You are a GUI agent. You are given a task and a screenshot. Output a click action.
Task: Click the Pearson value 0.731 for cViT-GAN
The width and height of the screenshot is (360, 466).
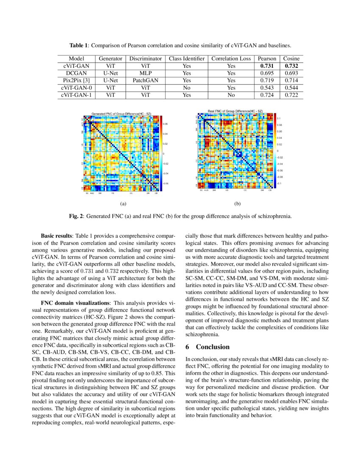pos(267,66)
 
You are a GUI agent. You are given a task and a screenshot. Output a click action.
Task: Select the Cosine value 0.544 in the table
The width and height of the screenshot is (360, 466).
pos(291,88)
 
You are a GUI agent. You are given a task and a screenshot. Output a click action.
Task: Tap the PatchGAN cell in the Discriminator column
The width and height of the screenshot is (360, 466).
pos(145,80)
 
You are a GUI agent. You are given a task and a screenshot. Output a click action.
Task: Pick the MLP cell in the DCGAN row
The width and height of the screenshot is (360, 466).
pos(145,73)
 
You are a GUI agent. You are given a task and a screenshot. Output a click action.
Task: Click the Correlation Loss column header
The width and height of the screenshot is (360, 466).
pos(231,58)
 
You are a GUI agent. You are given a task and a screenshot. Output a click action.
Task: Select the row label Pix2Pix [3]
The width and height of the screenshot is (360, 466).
pos(76,80)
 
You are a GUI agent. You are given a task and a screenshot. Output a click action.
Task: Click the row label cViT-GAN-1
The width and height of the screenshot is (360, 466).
pos(76,95)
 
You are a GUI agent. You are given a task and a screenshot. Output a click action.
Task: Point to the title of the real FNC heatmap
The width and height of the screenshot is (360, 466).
pos(235,111)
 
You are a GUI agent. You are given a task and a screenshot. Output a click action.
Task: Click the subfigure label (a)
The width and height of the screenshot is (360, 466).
pos(123,204)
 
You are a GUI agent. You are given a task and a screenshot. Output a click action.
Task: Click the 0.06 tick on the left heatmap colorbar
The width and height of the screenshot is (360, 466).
pos(166,124)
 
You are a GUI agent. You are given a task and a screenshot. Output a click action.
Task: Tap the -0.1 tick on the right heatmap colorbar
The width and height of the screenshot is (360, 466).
pos(279,183)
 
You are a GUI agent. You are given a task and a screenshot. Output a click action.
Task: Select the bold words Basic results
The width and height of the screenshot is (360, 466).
pos(56,235)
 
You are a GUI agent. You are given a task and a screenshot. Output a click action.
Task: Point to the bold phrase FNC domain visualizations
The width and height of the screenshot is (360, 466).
pos(75,303)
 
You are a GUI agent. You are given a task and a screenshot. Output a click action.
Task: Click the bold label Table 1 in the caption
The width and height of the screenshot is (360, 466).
pos(79,45)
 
